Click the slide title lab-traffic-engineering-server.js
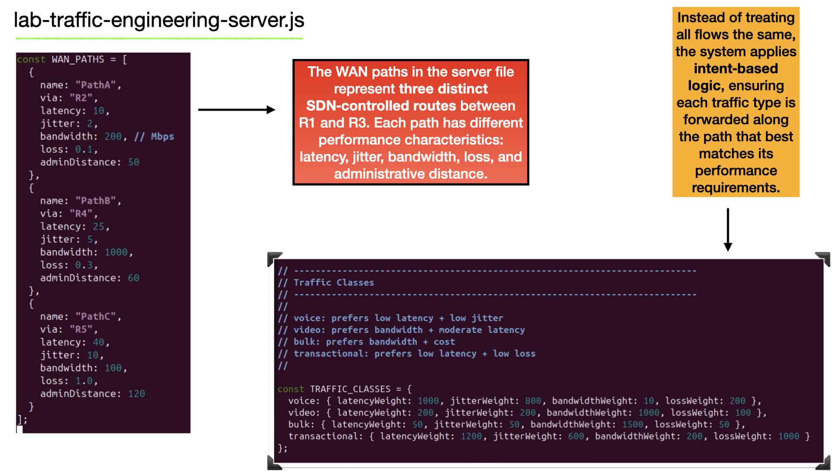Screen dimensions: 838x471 click(x=159, y=20)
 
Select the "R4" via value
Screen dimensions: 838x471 click(x=81, y=214)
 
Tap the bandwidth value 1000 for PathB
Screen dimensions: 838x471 click(x=116, y=252)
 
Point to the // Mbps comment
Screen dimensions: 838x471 click(x=154, y=137)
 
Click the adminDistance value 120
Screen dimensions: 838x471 click(x=136, y=394)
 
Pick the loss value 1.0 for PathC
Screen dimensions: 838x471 click(x=84, y=381)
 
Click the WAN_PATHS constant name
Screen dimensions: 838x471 click(x=78, y=59)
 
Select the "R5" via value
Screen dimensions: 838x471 click(x=81, y=329)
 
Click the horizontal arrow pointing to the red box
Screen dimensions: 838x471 click(x=237, y=109)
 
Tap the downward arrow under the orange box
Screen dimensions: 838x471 click(x=728, y=230)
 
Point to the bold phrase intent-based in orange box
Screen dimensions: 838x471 click(x=736, y=68)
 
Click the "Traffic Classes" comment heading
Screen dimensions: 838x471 click(x=334, y=283)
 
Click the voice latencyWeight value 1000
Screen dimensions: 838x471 click(x=428, y=401)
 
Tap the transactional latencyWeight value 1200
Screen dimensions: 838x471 click(x=471, y=436)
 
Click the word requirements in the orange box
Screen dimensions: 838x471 click(x=736, y=188)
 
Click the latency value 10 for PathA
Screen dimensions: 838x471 click(x=99, y=111)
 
